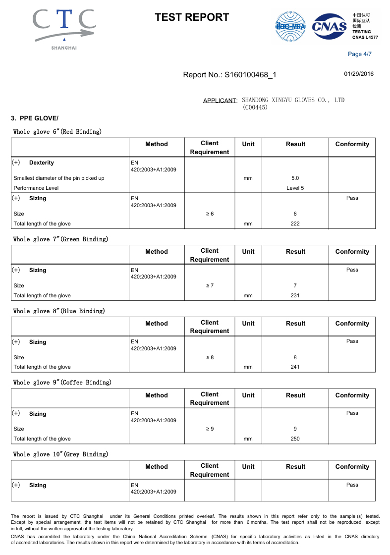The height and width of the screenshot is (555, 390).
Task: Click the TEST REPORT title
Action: (x=192, y=17)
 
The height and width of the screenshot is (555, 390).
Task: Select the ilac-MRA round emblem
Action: (x=290, y=27)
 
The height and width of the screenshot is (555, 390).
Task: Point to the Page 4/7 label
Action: (x=360, y=54)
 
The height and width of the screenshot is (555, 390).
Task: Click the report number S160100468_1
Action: (x=250, y=75)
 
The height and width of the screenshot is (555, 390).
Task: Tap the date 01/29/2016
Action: (x=359, y=74)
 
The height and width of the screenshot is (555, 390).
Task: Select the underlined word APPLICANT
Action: (x=220, y=101)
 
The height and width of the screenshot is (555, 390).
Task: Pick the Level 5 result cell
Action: (x=295, y=188)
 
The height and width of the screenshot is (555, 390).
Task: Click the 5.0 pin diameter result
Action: (x=295, y=178)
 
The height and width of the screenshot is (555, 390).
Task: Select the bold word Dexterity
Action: (x=42, y=163)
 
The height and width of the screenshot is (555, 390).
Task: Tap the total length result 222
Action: (x=295, y=223)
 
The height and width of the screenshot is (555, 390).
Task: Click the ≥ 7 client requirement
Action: (x=210, y=285)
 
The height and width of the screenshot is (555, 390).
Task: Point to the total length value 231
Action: (x=295, y=295)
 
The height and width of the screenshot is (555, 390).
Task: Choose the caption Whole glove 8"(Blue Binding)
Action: (x=59, y=311)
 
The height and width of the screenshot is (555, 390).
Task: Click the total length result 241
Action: (x=295, y=367)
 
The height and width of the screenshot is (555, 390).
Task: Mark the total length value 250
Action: (x=295, y=439)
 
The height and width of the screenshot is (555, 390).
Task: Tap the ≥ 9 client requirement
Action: (x=210, y=429)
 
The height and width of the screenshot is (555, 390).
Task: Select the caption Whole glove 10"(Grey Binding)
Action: (x=60, y=454)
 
